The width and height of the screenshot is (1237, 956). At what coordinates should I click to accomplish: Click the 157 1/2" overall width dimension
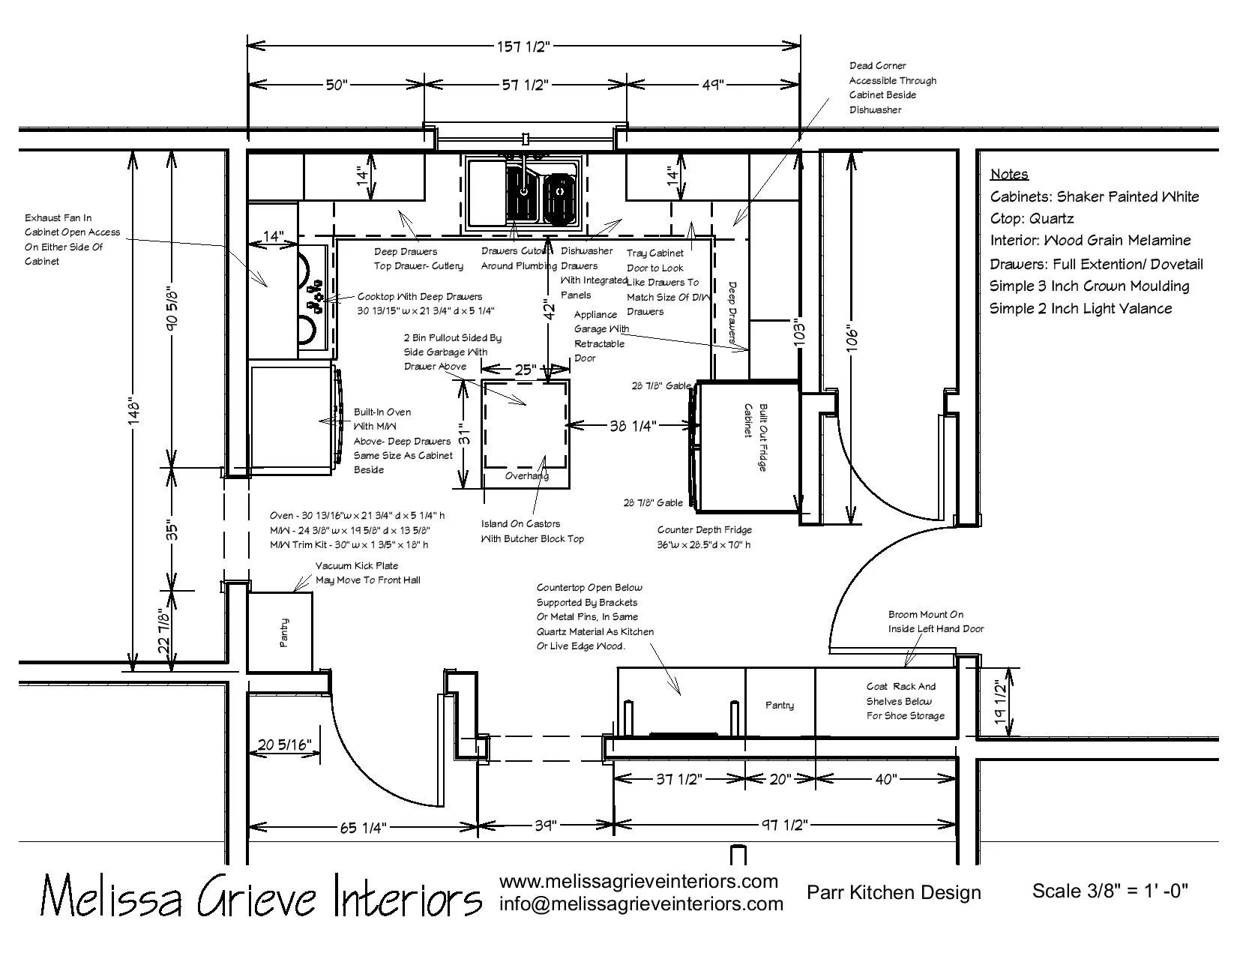[x=523, y=46]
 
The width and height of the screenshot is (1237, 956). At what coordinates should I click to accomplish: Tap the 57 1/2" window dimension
[x=525, y=85]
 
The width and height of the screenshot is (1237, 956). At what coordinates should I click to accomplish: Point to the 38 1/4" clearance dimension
[x=633, y=426]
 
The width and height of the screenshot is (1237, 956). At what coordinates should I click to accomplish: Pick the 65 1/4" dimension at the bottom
[x=363, y=828]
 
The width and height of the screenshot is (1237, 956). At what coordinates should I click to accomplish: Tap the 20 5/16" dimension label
[x=284, y=745]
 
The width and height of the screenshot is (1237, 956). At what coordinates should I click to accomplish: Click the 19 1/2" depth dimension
[x=998, y=702]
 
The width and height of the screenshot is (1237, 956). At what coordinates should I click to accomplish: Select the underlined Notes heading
[x=1009, y=175]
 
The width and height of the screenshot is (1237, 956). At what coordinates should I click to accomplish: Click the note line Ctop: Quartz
[x=1032, y=219]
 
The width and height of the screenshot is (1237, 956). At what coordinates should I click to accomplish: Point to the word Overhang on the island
[x=526, y=475]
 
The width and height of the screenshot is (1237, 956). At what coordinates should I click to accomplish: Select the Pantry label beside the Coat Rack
[x=780, y=706]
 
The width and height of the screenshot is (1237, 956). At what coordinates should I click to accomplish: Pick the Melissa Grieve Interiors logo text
[x=260, y=895]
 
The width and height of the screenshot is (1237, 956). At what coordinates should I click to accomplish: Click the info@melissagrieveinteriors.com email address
[x=641, y=904]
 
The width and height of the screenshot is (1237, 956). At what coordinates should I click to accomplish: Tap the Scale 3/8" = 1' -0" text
[x=1110, y=891]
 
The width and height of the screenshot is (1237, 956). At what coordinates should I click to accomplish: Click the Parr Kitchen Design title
[x=894, y=892]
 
